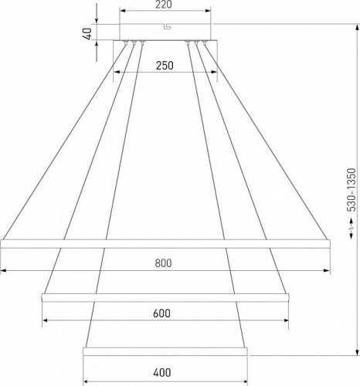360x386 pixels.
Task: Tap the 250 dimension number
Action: click(x=164, y=66)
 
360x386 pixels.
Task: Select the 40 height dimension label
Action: click(x=89, y=33)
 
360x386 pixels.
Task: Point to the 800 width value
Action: click(x=162, y=262)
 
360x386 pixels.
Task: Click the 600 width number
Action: click(x=161, y=313)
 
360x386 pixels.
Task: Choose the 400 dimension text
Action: click(x=162, y=373)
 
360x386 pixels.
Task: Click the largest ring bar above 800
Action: click(x=166, y=243)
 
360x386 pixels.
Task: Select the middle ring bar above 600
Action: click(x=165, y=296)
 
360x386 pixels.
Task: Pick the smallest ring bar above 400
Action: click(x=166, y=351)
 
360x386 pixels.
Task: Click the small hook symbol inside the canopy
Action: click(x=166, y=29)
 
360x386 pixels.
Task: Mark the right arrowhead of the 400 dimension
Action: click(x=247, y=380)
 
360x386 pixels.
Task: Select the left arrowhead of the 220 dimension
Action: click(x=124, y=12)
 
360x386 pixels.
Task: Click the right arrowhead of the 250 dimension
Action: click(x=214, y=73)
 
